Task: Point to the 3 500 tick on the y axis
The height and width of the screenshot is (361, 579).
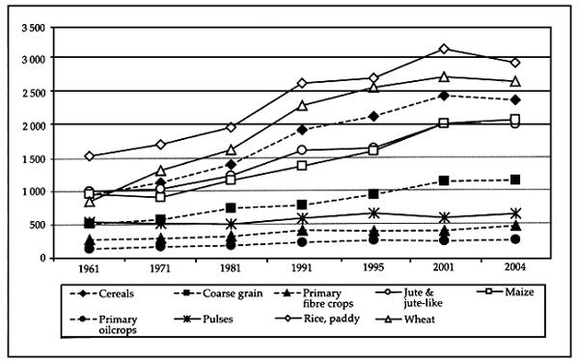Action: tap(33, 26)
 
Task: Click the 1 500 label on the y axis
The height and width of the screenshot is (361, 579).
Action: tap(33, 158)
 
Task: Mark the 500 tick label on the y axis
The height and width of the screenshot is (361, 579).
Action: tap(39, 225)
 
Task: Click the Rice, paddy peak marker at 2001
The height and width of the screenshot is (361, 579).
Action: tap(444, 48)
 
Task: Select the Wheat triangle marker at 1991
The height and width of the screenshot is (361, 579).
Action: tap(302, 105)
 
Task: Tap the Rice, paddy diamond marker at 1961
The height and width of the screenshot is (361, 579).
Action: tap(89, 156)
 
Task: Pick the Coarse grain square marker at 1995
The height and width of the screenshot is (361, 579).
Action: tap(373, 194)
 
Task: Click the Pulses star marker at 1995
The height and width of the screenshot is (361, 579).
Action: tap(373, 212)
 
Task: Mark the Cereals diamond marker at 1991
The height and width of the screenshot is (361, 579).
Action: tap(302, 129)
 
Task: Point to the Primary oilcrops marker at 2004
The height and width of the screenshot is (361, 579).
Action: tap(515, 239)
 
